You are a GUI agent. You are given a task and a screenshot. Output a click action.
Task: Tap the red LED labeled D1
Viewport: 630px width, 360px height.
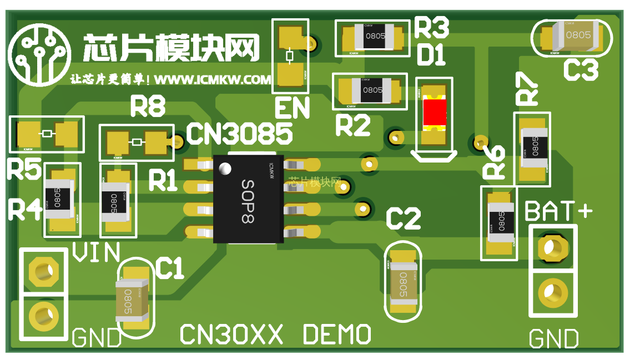pyautogui.click(x=435, y=112)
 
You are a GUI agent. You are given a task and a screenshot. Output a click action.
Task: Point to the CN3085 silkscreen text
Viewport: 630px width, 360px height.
pyautogui.click(x=239, y=134)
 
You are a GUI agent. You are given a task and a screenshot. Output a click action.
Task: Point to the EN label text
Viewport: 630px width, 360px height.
pyautogui.click(x=291, y=109)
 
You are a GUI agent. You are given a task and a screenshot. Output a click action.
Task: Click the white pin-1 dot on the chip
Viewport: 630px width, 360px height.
pyautogui.click(x=225, y=168)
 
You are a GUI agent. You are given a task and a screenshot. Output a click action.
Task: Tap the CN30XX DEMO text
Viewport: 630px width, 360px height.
pyautogui.click(x=276, y=334)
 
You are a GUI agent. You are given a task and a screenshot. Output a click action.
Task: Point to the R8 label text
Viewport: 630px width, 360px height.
pyautogui.click(x=148, y=107)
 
